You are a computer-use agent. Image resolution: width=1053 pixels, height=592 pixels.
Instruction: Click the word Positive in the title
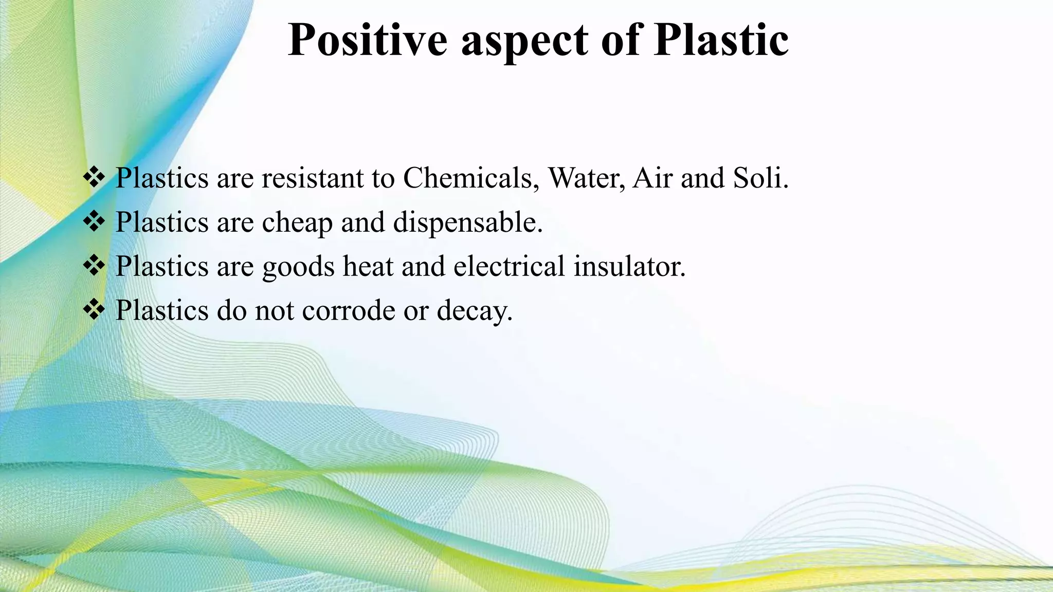point(367,40)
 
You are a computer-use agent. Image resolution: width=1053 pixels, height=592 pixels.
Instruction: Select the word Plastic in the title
point(721,40)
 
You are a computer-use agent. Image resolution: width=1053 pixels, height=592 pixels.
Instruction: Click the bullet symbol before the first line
point(94,177)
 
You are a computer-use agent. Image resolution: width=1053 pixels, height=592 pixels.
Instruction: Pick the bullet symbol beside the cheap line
point(94,221)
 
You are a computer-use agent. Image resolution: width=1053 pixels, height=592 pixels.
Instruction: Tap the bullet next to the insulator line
point(94,266)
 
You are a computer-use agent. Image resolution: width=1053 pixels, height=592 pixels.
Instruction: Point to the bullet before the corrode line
point(94,310)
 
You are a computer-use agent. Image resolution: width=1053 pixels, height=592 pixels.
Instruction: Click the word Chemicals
point(471,178)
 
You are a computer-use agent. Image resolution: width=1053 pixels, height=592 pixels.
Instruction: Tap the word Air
point(652,178)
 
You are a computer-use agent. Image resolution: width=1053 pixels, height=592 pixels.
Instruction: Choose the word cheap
point(297,223)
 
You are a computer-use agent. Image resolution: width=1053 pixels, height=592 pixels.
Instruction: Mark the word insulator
point(629,266)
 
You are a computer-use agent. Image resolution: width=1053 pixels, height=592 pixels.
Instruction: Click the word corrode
point(349,310)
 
